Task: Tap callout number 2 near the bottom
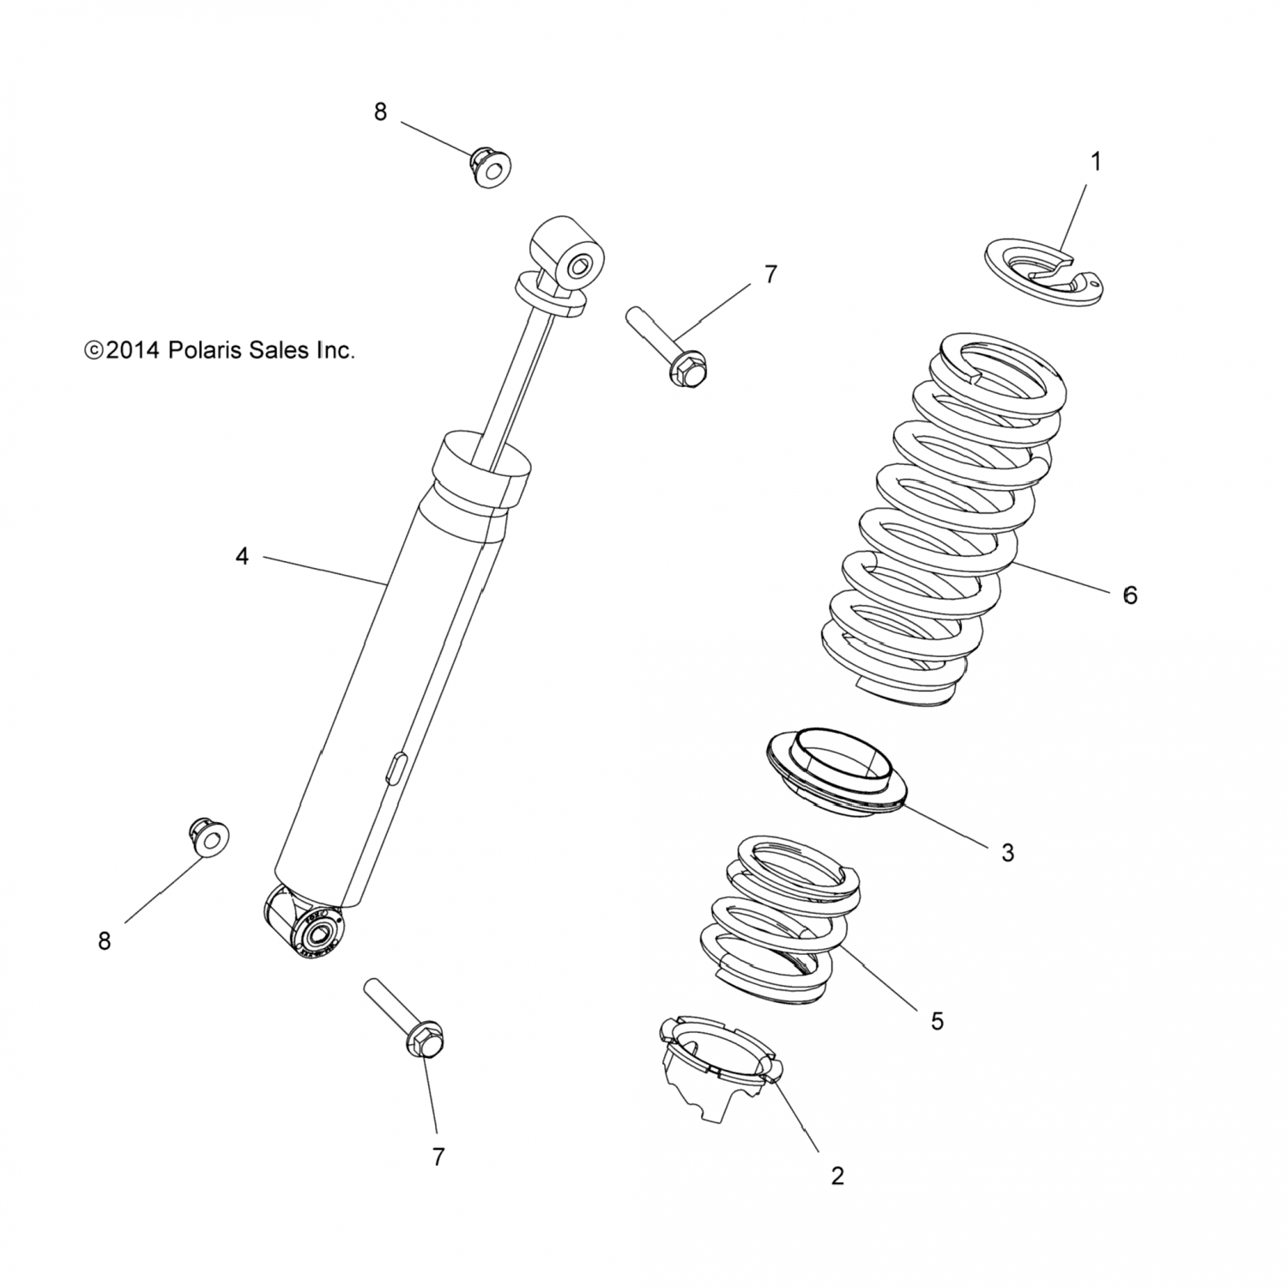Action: click(x=837, y=1175)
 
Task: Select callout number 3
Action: click(x=1007, y=853)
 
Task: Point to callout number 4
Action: click(x=242, y=557)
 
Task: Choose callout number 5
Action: click(x=937, y=1021)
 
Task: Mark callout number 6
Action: click(x=1130, y=595)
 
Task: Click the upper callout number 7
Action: click(x=770, y=275)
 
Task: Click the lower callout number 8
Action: click(x=105, y=941)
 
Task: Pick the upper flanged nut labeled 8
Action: click(x=489, y=167)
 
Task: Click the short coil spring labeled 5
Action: click(x=778, y=919)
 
